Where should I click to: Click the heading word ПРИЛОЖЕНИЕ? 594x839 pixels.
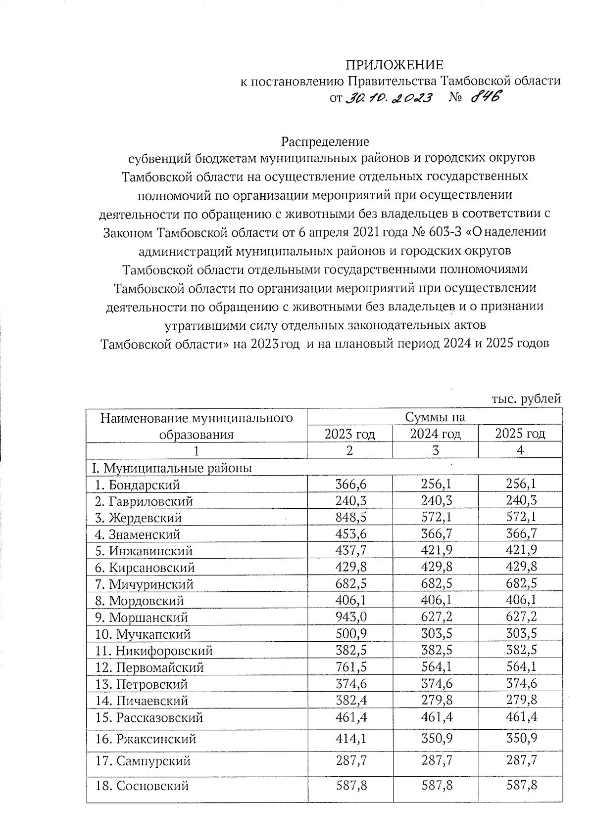(x=394, y=65)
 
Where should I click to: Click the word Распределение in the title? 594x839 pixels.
(x=325, y=142)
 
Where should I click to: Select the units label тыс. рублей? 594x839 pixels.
(x=526, y=398)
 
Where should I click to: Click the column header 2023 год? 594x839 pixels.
(x=349, y=434)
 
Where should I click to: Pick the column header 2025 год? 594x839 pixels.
(x=520, y=434)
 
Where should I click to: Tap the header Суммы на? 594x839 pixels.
(x=435, y=417)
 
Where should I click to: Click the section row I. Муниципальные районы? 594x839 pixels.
(x=170, y=467)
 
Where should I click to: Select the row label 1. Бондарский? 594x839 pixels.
(x=138, y=485)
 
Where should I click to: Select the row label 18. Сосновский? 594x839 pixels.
(x=143, y=786)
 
